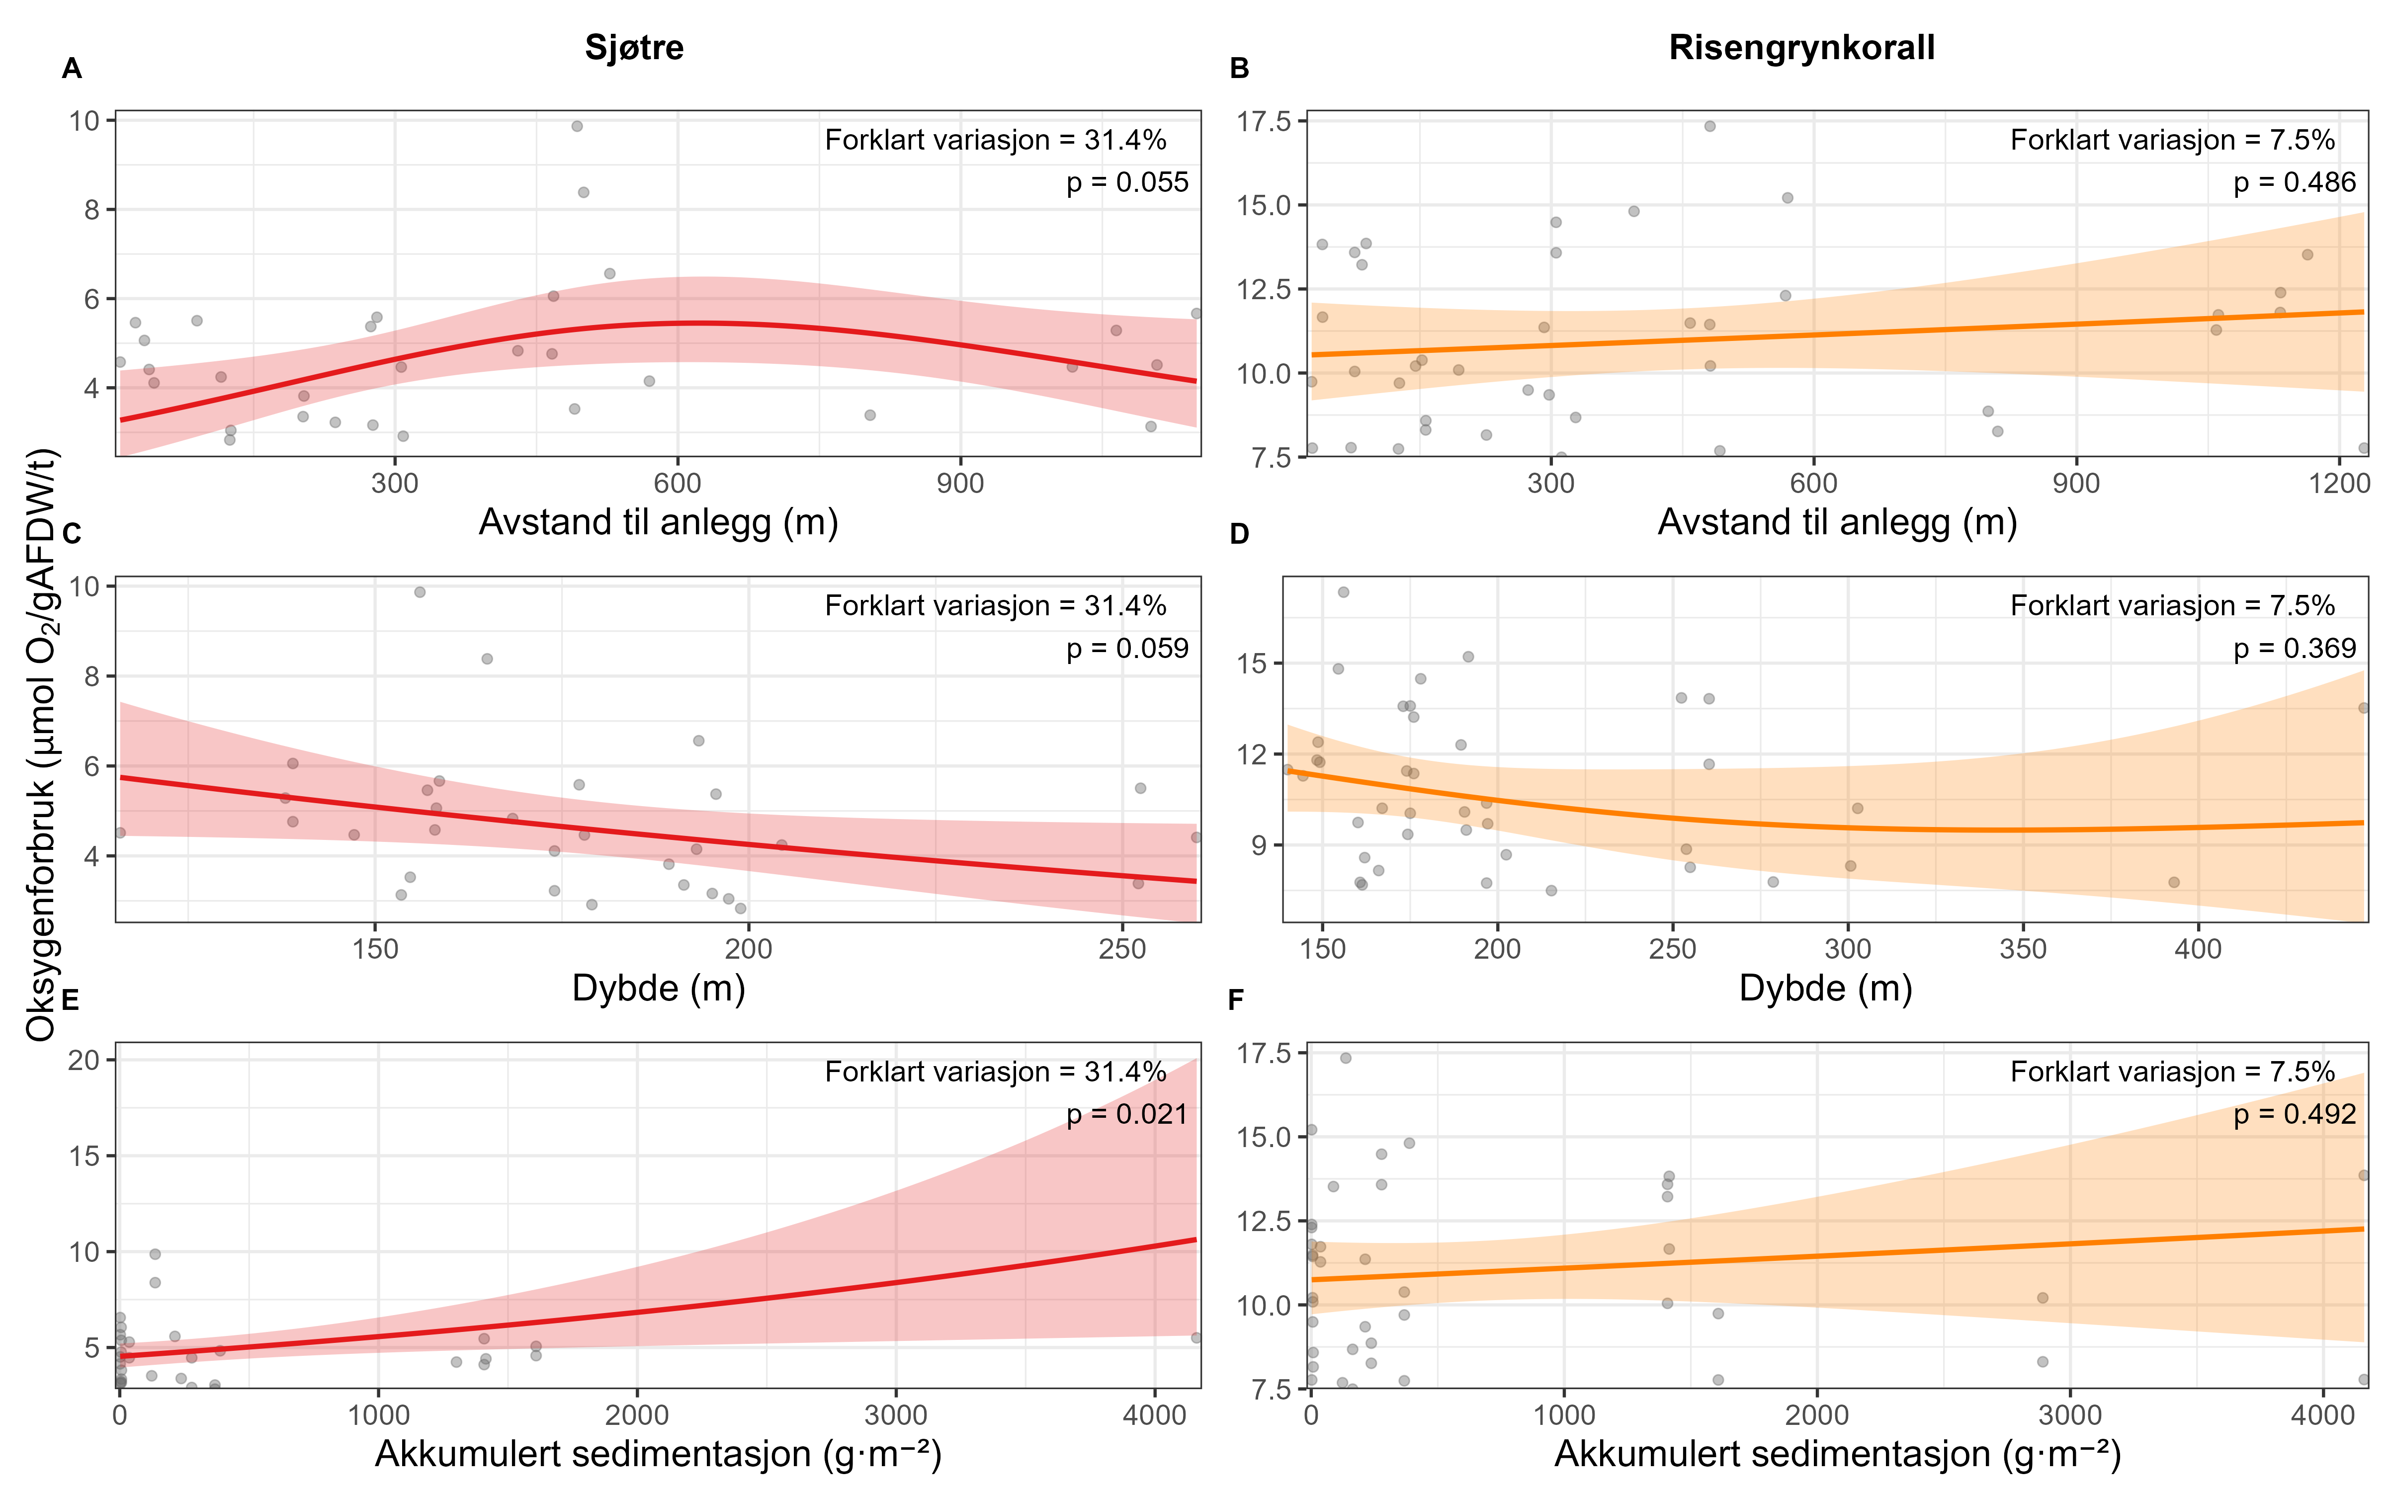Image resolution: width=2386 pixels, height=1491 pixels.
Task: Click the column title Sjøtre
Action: [634, 47]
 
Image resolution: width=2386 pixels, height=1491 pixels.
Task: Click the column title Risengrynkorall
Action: [1801, 47]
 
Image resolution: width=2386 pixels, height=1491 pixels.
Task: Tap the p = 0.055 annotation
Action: [1127, 182]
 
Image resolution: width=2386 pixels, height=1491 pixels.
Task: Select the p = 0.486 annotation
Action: [2295, 182]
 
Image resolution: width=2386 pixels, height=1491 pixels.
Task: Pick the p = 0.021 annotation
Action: [1127, 1114]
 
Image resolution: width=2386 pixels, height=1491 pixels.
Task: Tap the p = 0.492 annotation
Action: [2295, 1114]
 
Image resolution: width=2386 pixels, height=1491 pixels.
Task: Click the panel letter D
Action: [1239, 534]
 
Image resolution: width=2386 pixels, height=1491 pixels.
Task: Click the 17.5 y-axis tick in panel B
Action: [1264, 121]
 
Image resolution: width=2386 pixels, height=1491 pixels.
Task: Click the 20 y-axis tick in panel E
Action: [84, 1060]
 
